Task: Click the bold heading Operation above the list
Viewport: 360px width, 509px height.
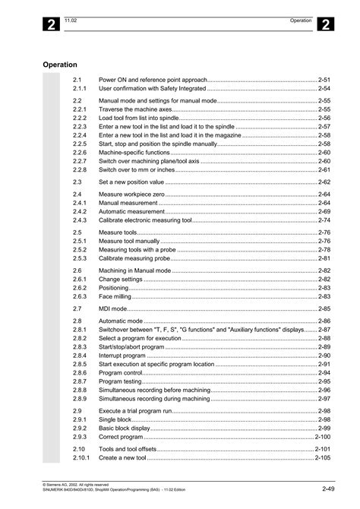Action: tap(61, 65)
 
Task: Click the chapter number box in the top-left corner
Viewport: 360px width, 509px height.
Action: tap(50, 24)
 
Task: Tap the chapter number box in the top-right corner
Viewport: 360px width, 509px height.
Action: tap(323, 24)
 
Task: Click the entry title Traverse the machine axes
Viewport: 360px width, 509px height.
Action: tap(135, 109)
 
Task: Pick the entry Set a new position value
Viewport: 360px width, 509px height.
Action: tap(131, 182)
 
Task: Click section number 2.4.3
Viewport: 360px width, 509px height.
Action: tap(81, 220)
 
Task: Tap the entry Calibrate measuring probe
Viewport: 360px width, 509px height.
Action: tap(134, 258)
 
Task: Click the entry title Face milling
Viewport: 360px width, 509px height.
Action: tap(115, 297)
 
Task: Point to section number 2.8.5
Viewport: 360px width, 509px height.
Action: tap(81, 365)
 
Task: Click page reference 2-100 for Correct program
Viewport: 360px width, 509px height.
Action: tap(322, 438)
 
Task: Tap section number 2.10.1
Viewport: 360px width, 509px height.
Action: tap(81, 458)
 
